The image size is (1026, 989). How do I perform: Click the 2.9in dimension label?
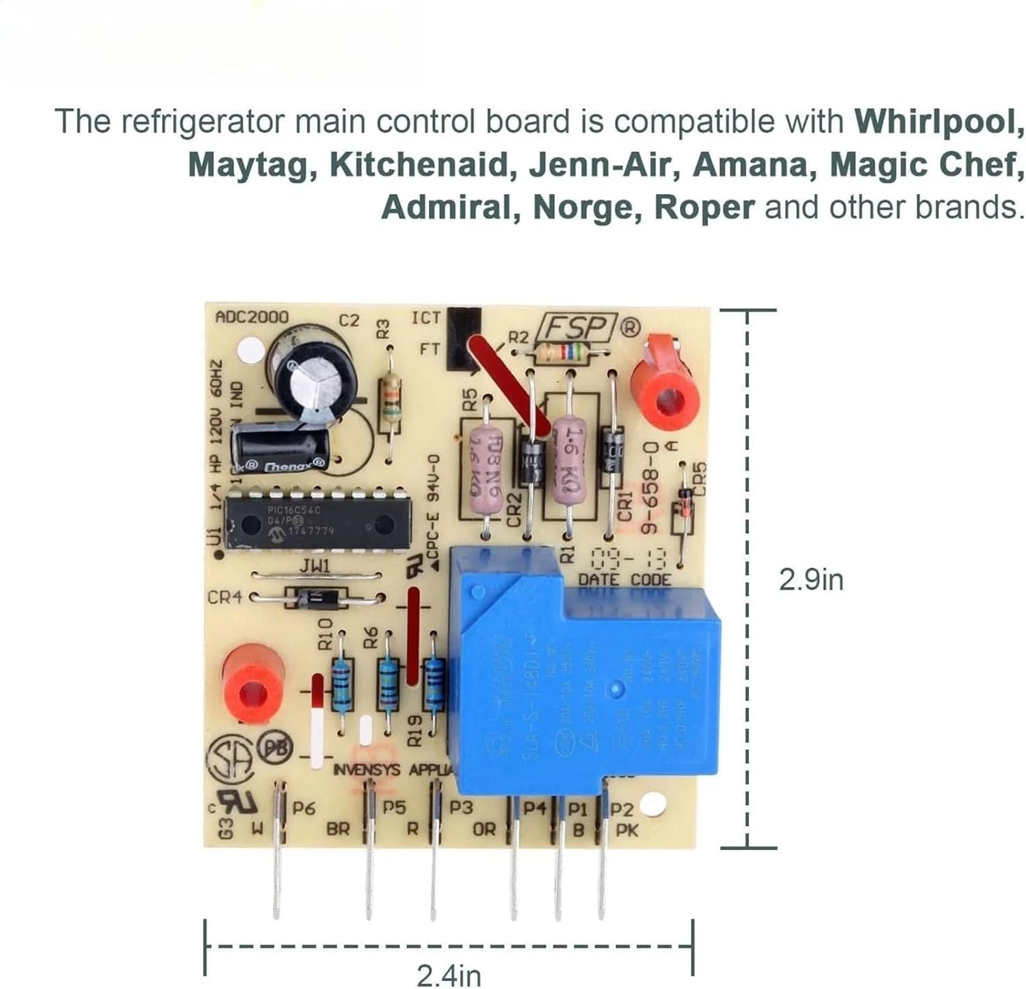811,581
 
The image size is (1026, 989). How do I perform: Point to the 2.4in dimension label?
449,975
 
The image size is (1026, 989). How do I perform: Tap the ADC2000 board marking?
252,317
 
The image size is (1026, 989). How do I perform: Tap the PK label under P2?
627,830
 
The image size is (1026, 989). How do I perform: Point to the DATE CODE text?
624,580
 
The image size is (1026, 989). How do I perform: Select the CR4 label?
224,597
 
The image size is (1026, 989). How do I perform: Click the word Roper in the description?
705,207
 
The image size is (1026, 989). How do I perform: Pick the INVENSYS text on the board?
366,770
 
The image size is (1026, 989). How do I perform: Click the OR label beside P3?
484,830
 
